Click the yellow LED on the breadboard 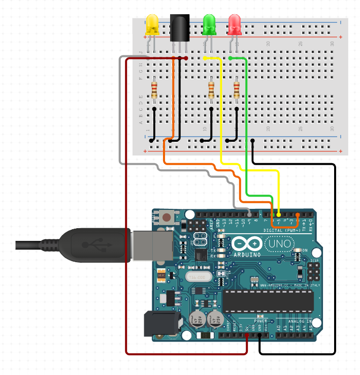[x=152, y=25]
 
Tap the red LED [x=235, y=24]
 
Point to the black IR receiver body [x=179, y=28]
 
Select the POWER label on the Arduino [x=260, y=322]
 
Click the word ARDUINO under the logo [x=247, y=254]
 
